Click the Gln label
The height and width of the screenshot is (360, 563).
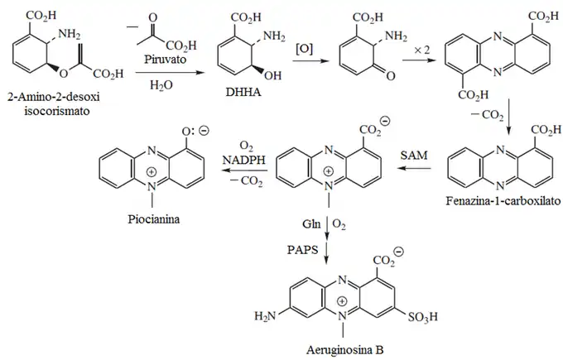(312, 223)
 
